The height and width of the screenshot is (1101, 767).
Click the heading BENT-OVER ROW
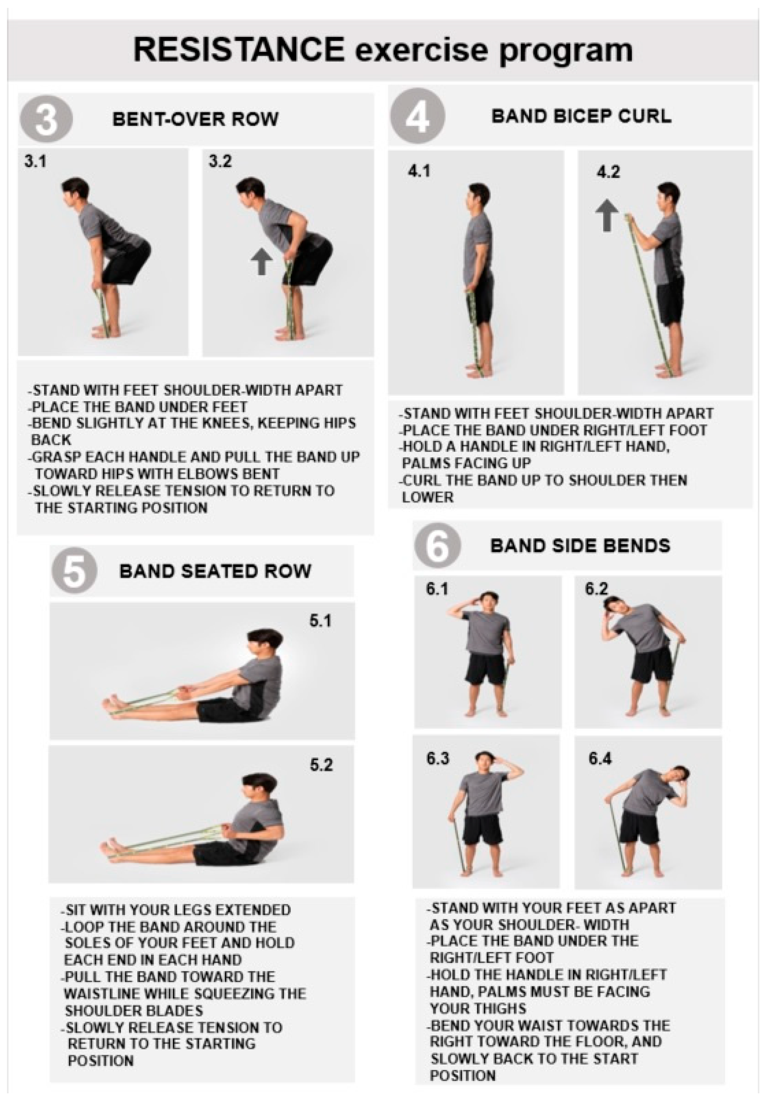(x=195, y=119)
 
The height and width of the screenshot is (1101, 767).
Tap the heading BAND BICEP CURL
(x=581, y=117)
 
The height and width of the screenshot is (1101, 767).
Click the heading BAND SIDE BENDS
(x=580, y=546)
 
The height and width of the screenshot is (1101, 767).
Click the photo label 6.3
(x=438, y=759)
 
